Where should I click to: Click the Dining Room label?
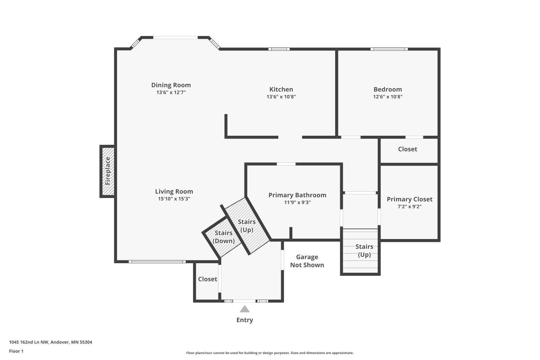click(171, 85)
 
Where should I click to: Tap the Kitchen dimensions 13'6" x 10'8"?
click(281, 97)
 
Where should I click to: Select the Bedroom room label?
click(388, 89)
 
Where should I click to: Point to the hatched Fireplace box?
click(108, 171)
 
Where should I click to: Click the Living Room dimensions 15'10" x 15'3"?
click(174, 199)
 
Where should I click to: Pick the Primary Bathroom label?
click(297, 195)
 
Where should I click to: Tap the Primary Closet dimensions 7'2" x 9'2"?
click(410, 207)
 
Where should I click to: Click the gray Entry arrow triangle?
click(245, 309)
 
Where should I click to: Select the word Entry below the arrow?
click(245, 320)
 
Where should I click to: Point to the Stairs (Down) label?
click(224, 237)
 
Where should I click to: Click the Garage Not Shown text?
click(307, 261)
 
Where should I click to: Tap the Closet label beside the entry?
click(208, 279)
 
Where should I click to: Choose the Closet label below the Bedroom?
click(408, 149)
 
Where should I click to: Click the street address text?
click(51, 342)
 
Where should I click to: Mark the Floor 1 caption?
click(16, 351)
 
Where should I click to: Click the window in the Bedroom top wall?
click(389, 49)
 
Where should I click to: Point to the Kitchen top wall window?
click(279, 49)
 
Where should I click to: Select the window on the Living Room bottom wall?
click(157, 262)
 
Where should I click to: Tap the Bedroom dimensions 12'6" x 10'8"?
click(388, 97)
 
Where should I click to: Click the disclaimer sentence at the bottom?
click(270, 353)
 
